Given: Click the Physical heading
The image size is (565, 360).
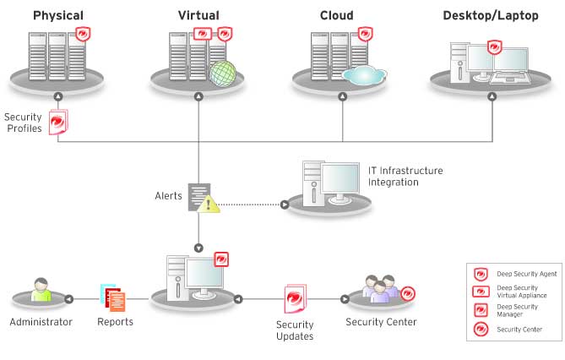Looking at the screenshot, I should coord(58,15).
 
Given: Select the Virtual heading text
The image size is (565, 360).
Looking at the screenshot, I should coord(198,15).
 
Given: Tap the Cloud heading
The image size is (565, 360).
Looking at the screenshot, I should coord(337,15).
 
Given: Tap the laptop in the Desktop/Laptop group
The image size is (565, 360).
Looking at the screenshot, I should coord(511,67).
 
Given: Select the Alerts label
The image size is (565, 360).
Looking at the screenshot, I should coord(167,195).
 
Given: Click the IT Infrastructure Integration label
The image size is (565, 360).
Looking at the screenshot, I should coord(405,176).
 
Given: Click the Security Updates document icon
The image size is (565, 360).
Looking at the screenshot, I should coord(297,299).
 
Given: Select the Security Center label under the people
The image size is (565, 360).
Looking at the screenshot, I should coord(381,321).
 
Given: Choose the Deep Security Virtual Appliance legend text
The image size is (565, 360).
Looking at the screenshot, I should coord(522,292).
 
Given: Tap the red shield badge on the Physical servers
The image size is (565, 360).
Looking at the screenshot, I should coord(83,35).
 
